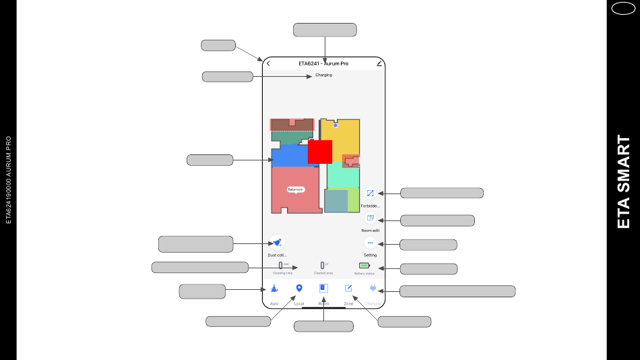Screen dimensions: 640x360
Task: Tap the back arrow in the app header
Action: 268,63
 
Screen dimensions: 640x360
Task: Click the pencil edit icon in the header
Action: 379,63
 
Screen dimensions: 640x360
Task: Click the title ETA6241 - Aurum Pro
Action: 323,63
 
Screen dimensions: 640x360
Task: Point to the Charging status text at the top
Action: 323,75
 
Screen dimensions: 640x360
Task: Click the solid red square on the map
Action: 320,152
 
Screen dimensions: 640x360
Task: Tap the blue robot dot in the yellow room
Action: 335,125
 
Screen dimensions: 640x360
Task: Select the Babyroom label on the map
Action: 296,189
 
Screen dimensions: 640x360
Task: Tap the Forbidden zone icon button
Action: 370,193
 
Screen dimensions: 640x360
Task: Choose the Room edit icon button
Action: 370,218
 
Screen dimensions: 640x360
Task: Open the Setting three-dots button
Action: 370,243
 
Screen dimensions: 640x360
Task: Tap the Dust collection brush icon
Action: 277,243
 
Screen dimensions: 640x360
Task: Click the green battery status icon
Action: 364,266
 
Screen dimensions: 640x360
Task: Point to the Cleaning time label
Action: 282,273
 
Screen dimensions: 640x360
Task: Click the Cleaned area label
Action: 323,273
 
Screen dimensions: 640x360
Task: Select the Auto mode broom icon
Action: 274,289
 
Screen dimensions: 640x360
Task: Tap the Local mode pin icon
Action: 299,289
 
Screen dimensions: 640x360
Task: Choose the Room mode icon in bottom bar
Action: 323,289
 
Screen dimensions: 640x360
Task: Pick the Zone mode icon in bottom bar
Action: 348,289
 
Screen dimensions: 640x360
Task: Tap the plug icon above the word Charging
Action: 373,289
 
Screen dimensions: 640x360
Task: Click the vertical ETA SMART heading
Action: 624,182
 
